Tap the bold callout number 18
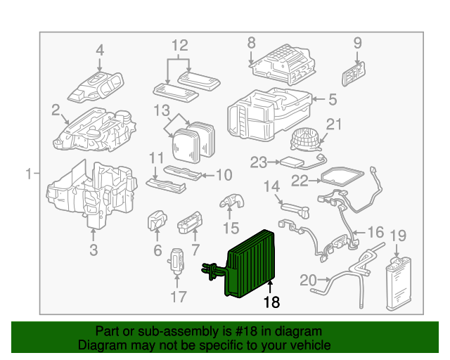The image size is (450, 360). pos(271,302)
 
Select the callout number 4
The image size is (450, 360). pos(100,51)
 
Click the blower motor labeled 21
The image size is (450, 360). pos(304,138)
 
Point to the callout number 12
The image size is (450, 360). pos(180,46)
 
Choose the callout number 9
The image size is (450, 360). pos(357,44)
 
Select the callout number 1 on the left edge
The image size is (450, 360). pos(29,174)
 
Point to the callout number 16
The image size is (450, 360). pos(376,232)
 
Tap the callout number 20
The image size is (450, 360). pos(308,280)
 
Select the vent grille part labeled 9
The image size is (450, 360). pos(355,70)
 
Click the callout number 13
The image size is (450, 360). pos(162,110)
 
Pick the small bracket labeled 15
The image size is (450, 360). pos(231,202)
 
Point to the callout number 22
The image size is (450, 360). pos(300,181)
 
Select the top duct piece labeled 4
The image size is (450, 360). pos(98,83)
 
